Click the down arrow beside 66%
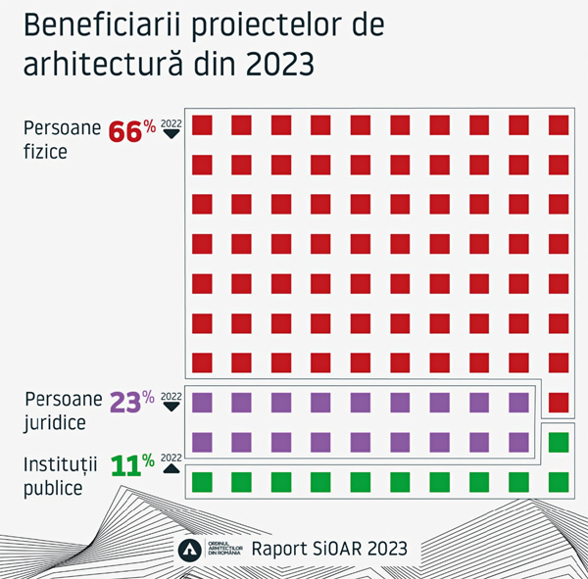coord(171,133)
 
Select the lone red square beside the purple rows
coord(559,402)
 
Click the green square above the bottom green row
coord(559,442)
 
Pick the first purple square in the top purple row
coord(203,402)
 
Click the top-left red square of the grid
coord(203,124)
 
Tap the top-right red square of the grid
coord(559,124)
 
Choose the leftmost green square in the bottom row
coord(203,481)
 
